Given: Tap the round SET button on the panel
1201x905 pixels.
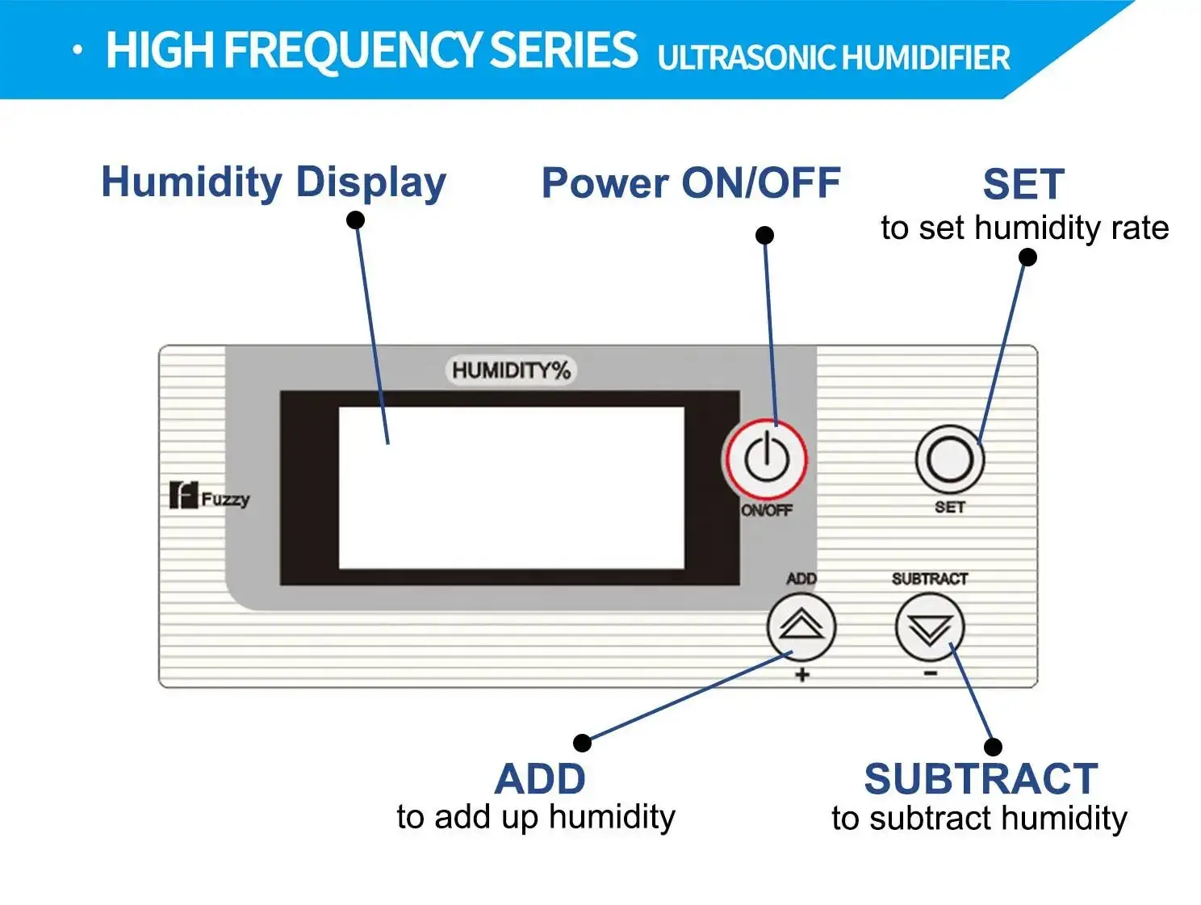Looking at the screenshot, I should [x=950, y=459].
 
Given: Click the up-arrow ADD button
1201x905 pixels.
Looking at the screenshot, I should [x=801, y=626].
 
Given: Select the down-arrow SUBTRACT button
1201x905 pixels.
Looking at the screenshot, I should [x=930, y=626].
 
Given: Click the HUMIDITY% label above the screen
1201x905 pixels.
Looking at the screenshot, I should [x=511, y=371].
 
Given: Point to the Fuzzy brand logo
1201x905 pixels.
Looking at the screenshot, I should [x=209, y=496].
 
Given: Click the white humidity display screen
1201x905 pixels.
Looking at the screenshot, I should [x=511, y=488].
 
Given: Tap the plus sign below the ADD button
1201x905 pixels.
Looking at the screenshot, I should [x=801, y=675].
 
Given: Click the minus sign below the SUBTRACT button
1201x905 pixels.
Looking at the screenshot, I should [x=931, y=673].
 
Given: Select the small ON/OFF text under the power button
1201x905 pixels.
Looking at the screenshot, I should [x=767, y=510].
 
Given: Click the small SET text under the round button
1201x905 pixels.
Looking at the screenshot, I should [x=950, y=507].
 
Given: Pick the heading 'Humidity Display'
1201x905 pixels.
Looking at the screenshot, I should [x=274, y=182].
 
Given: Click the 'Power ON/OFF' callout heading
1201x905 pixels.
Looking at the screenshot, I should [x=691, y=182].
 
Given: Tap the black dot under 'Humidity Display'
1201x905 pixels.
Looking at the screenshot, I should [x=355, y=220].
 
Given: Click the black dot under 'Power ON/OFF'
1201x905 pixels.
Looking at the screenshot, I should [x=764, y=235].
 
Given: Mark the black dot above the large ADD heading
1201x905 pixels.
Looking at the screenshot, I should [x=582, y=742].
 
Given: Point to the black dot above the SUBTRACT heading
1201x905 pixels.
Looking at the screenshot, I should [x=993, y=747].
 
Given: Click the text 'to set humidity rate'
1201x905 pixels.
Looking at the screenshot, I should [x=1024, y=228].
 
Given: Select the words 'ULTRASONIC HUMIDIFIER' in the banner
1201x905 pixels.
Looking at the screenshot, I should [x=833, y=58].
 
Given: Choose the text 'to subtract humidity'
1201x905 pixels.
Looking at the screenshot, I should [x=979, y=819].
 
